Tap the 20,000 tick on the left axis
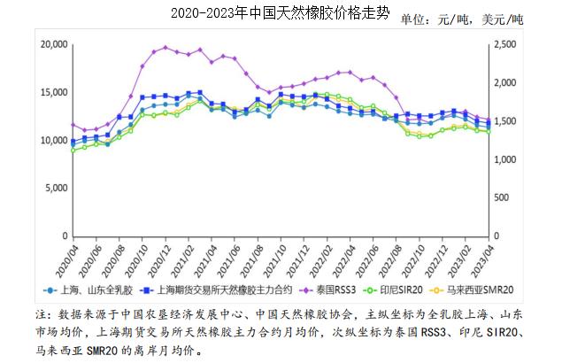(54, 44)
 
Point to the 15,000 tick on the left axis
(54, 92)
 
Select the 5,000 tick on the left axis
(57, 189)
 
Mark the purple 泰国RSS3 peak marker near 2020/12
(166, 48)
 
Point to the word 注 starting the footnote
(42, 314)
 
